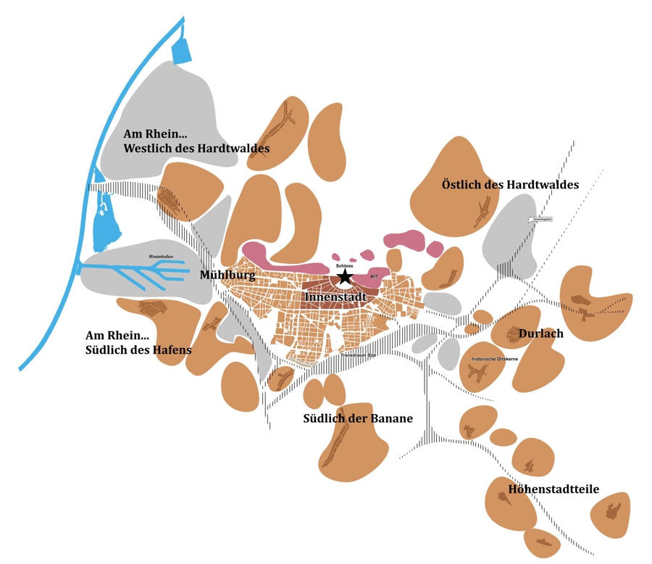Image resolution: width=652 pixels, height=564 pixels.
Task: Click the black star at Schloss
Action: pyautogui.click(x=344, y=276)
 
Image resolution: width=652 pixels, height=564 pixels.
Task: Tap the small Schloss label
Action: pyautogui.click(x=344, y=266)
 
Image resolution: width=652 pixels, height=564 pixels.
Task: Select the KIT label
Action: pyautogui.click(x=375, y=276)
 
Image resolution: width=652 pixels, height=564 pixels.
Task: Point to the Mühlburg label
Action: pyautogui.click(x=227, y=275)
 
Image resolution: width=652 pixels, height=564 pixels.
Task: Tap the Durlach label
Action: pyautogui.click(x=540, y=333)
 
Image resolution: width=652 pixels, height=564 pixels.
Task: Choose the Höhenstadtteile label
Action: pyautogui.click(x=553, y=489)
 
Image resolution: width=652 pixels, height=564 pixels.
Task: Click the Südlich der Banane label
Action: pyautogui.click(x=358, y=418)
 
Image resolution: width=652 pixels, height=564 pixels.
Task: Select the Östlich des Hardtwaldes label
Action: pyautogui.click(x=510, y=185)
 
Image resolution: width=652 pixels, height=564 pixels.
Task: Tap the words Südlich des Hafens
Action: pyautogui.click(x=138, y=349)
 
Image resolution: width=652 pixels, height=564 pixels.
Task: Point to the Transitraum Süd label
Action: pyautogui.click(x=356, y=355)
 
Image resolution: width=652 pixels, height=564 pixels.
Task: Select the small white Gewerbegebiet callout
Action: pyautogui.click(x=541, y=218)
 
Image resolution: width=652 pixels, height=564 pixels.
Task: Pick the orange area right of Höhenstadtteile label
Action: pyautogui.click(x=611, y=513)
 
